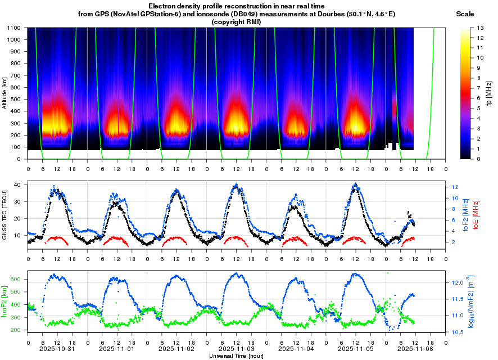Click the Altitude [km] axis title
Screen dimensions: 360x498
tap(4, 92)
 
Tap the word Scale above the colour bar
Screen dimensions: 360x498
tap(465, 13)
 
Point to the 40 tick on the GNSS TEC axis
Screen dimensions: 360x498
tap(17, 184)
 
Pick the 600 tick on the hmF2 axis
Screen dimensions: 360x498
tap(16, 279)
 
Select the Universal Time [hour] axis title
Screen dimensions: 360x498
tap(236, 356)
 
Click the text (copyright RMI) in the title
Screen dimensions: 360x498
tap(236, 21)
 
